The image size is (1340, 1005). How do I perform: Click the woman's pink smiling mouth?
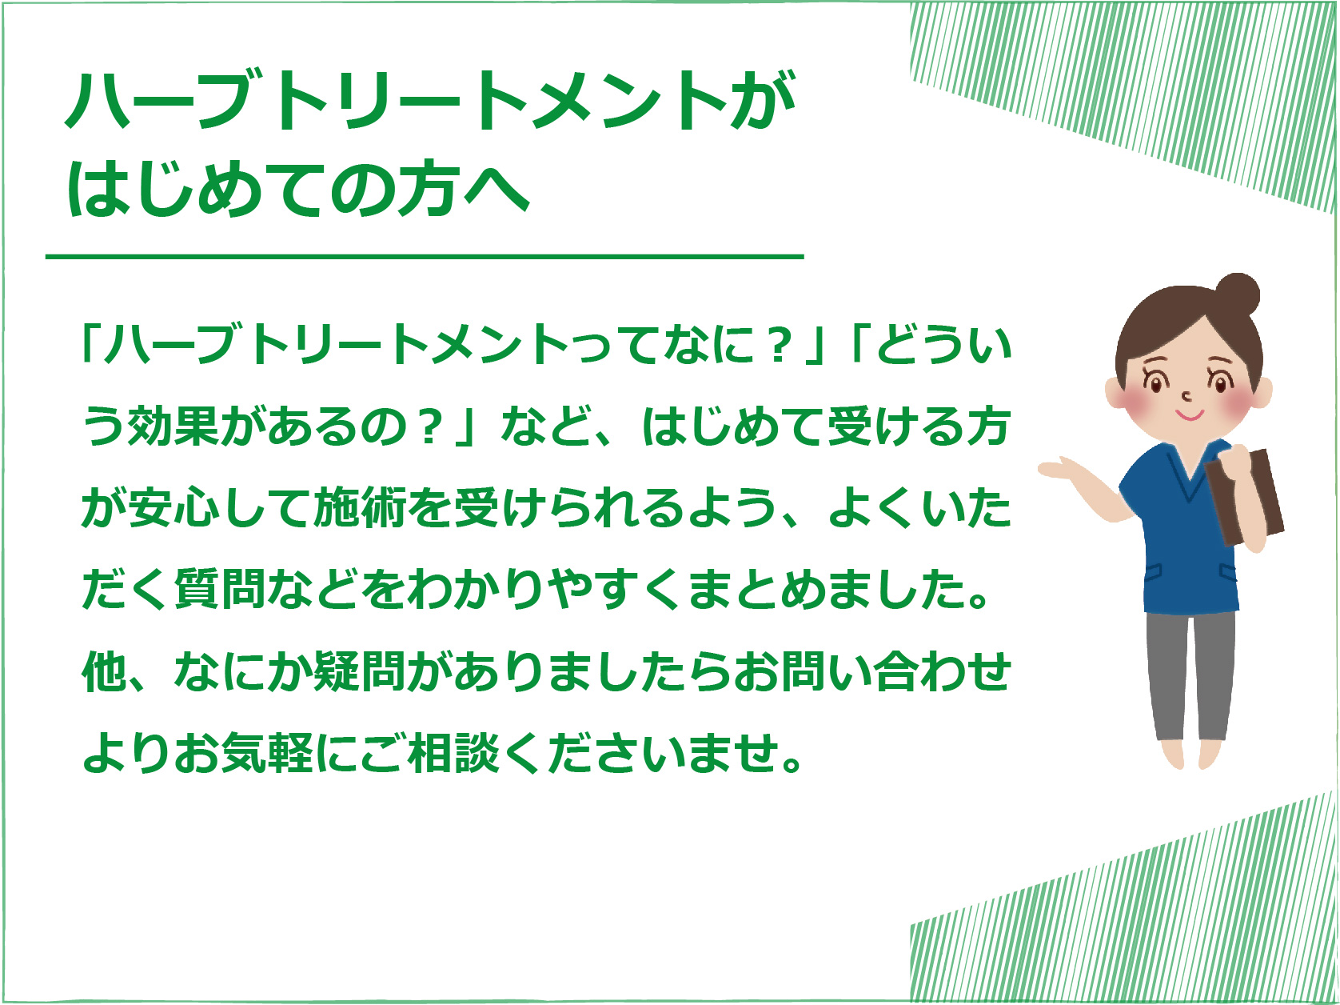coord(1190,416)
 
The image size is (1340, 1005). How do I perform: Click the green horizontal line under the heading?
coord(425,257)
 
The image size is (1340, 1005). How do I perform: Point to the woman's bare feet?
coord(1190,755)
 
